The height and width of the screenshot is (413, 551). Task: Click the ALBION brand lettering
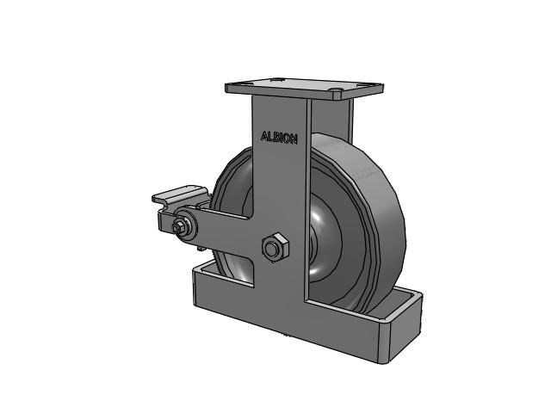pyautogui.click(x=279, y=138)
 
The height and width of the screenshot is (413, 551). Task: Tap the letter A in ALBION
pyautogui.click(x=264, y=136)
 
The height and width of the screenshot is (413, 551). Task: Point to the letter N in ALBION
pyautogui.click(x=294, y=139)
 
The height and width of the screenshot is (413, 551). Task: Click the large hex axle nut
pyautogui.click(x=275, y=246)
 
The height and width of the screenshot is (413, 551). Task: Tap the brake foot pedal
pyautogui.click(x=180, y=194)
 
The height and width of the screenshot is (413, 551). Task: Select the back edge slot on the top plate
pyautogui.click(x=276, y=79)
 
